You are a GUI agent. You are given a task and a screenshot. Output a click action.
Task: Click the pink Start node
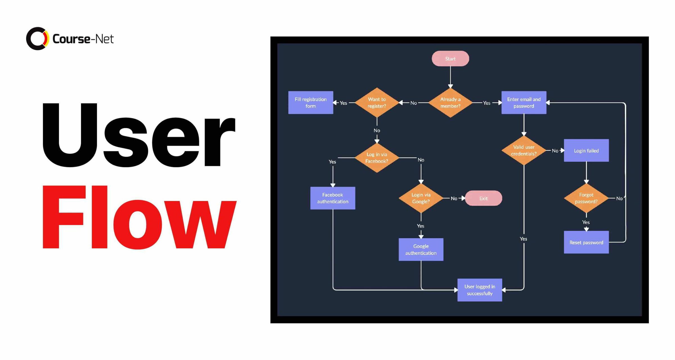tap(450, 58)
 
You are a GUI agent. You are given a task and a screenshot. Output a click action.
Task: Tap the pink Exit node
tap(483, 198)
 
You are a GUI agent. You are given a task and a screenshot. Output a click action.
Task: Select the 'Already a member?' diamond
tap(450, 103)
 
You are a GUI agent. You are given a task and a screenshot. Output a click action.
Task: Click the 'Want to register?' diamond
tap(377, 103)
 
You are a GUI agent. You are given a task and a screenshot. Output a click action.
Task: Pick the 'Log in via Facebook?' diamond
tap(377, 158)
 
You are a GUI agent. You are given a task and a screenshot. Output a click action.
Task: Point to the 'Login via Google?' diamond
tap(421, 198)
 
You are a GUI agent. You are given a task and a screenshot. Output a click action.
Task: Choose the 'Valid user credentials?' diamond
tap(523, 150)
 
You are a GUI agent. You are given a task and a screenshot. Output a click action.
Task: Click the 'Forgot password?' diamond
tap(586, 198)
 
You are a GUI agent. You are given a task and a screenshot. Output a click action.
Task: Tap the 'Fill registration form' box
tap(310, 103)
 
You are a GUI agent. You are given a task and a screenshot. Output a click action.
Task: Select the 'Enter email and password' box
tap(524, 103)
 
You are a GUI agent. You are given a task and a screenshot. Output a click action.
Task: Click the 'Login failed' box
tap(586, 150)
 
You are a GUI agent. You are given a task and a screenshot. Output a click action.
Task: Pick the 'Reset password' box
tap(586, 242)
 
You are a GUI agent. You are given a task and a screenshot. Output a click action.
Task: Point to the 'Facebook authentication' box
tap(332, 198)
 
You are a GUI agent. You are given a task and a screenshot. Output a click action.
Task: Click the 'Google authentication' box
tap(421, 249)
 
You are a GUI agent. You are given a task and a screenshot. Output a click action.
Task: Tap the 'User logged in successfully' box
tap(480, 290)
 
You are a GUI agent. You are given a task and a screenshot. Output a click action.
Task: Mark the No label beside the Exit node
tap(454, 199)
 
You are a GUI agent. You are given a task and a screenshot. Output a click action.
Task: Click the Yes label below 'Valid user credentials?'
tap(523, 239)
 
